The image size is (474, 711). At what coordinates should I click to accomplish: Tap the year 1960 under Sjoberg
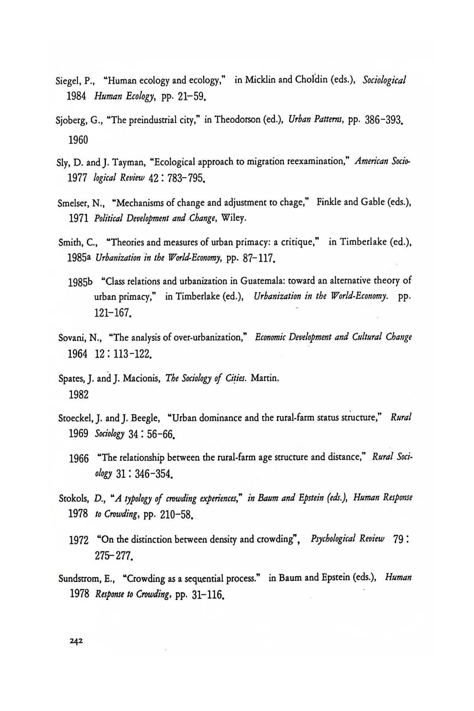point(78,140)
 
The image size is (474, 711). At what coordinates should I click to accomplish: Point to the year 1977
point(78,180)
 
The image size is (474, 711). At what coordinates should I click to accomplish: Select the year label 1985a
point(80,258)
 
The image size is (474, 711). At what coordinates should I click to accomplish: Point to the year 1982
point(78,395)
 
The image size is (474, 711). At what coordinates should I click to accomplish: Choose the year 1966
point(79,459)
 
